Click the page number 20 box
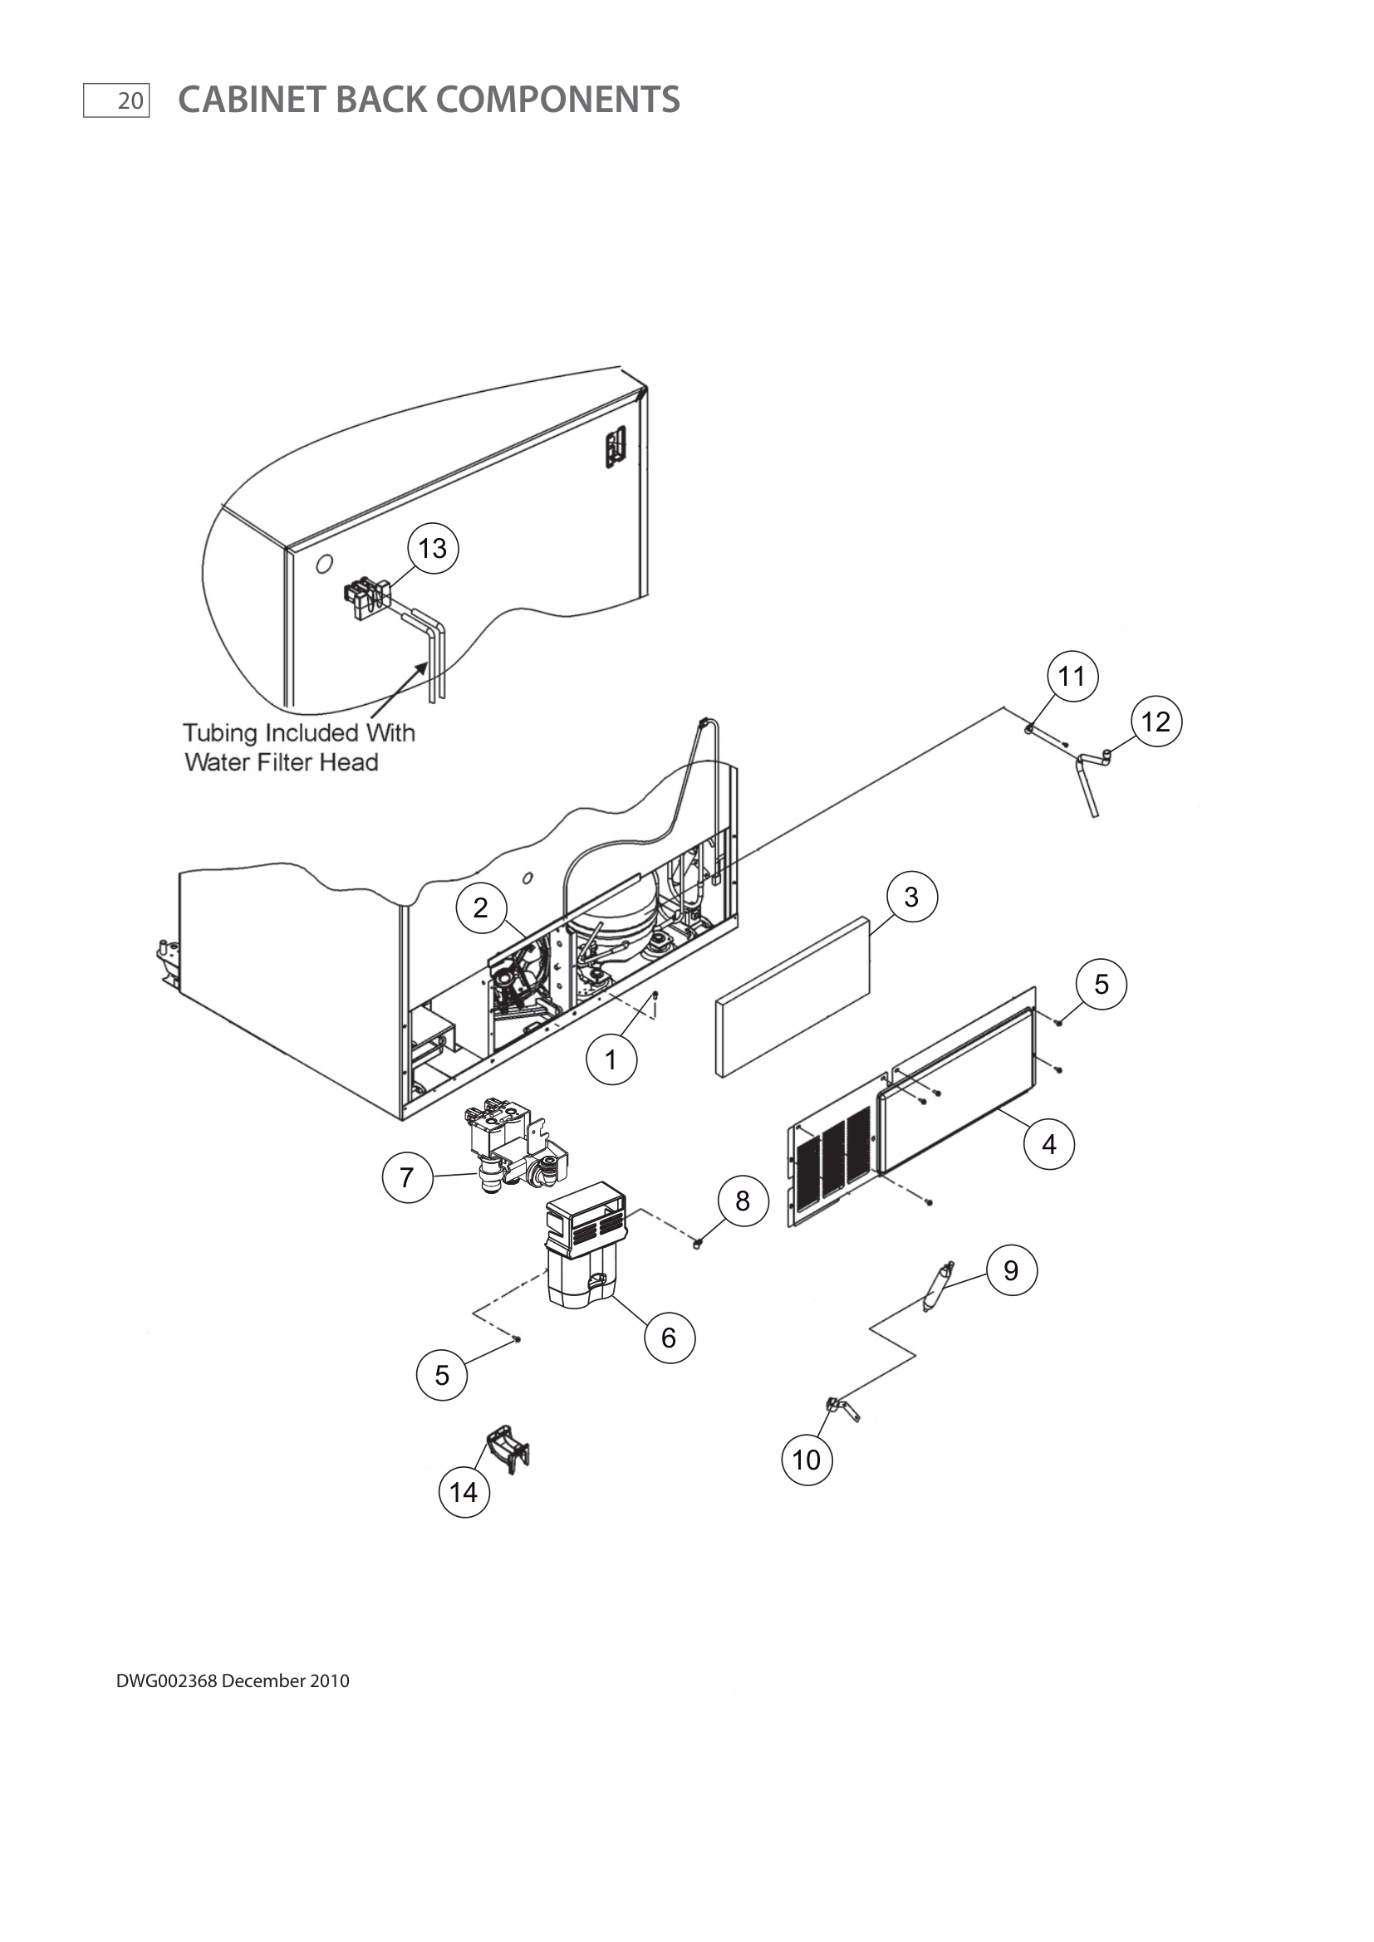pyautogui.click(x=116, y=100)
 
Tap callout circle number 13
pyautogui.click(x=433, y=548)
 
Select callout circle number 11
pyautogui.click(x=1072, y=677)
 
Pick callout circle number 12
pyautogui.click(x=1156, y=722)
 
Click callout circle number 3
pyautogui.click(x=911, y=897)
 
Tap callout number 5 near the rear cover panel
pyautogui.click(x=1101, y=984)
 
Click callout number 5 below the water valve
pyautogui.click(x=442, y=1375)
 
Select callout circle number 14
pyautogui.click(x=464, y=1492)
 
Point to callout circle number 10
pyautogui.click(x=807, y=1460)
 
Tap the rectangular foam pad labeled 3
pyautogui.click(x=793, y=997)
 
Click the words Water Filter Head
pyautogui.click(x=281, y=763)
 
